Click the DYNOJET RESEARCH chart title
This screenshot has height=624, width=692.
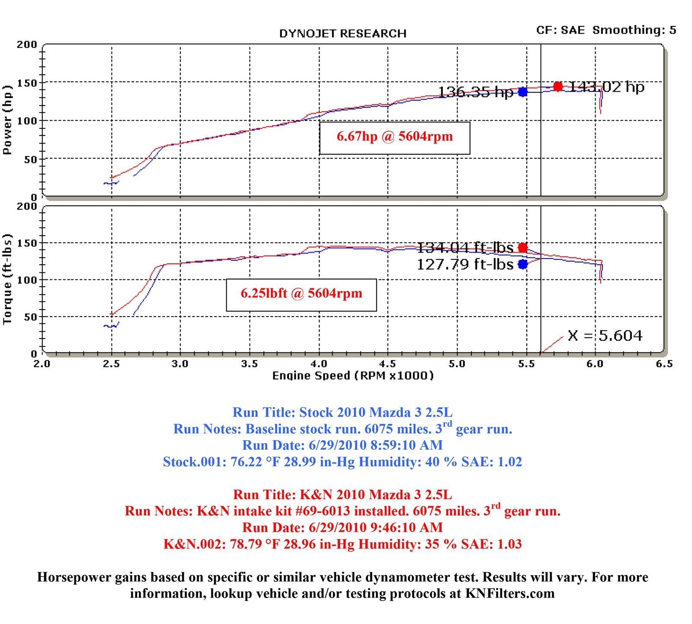pos(343,34)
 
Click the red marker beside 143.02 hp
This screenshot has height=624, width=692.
pos(558,86)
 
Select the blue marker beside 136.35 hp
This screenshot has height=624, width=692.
pos(523,92)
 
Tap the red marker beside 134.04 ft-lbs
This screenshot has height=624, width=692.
pos(523,248)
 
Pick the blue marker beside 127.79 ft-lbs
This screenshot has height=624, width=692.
pos(523,264)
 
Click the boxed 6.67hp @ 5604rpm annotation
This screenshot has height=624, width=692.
pos(394,137)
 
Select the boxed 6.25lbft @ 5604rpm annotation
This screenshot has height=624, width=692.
pos(301,294)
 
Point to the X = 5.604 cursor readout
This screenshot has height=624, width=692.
pos(605,336)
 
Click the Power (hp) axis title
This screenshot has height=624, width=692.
pos(7,119)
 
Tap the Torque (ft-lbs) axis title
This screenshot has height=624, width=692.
pos(7,279)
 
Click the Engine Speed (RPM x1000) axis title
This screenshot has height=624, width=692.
pos(353,375)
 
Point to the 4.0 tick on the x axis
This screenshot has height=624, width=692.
pos(319,364)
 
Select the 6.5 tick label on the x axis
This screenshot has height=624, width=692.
pos(664,364)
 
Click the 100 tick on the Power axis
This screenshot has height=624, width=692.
pos(27,121)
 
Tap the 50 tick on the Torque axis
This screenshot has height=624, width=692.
pos(30,317)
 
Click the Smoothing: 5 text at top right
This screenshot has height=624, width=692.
pos(634,30)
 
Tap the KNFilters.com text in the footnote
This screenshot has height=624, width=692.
pos(510,593)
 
